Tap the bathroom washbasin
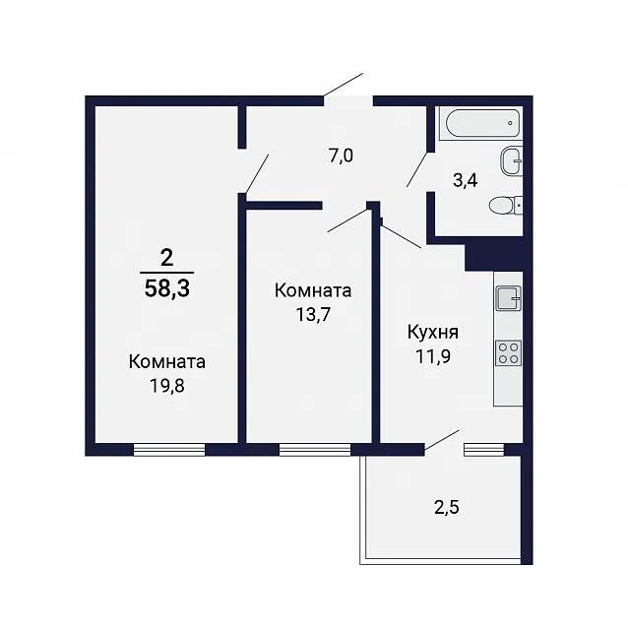click(512, 161)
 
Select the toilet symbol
click(506, 206)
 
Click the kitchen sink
click(508, 298)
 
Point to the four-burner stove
click(508, 353)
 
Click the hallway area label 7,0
click(341, 156)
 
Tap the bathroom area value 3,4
click(465, 181)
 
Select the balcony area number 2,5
click(447, 507)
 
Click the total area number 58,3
click(167, 288)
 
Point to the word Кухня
click(433, 333)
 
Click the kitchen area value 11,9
click(433, 356)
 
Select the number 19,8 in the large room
click(167, 386)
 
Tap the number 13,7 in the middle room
click(313, 315)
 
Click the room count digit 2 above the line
click(166, 258)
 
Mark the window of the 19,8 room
click(169, 450)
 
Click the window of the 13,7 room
click(315, 450)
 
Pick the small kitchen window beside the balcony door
click(484, 450)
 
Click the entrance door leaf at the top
click(344, 85)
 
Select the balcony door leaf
click(442, 440)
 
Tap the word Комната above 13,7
click(313, 290)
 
